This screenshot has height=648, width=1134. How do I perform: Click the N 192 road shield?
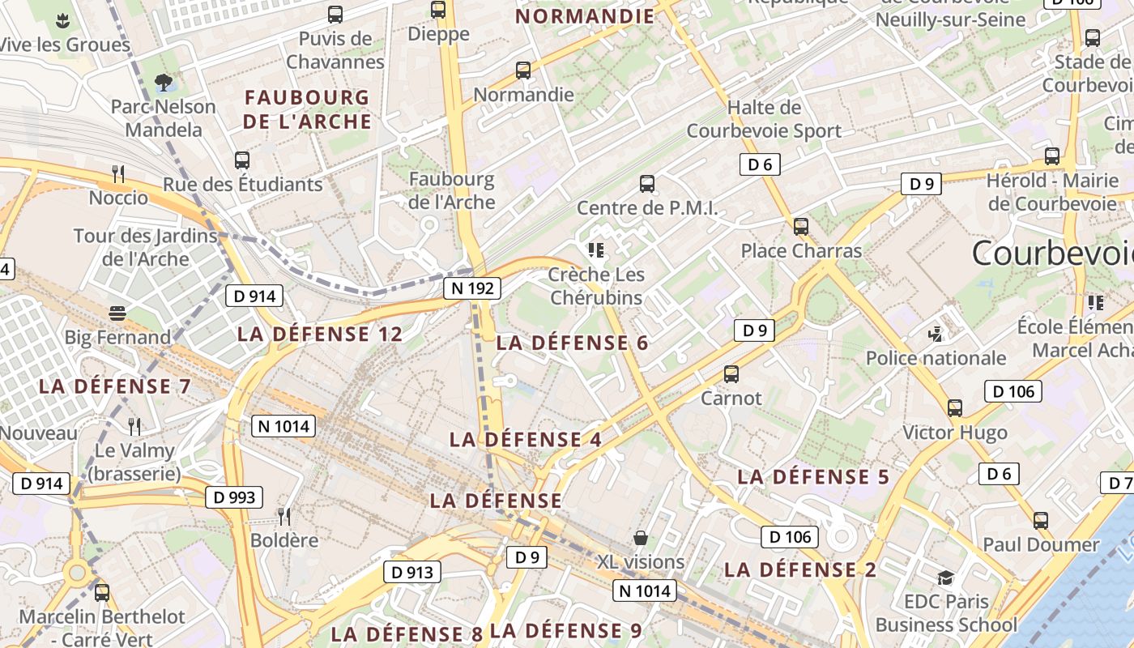[x=472, y=288]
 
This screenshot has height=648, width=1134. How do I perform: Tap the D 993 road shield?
[x=234, y=497]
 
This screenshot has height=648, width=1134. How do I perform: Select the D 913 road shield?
[x=413, y=572]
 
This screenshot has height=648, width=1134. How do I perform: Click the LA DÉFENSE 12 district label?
[x=320, y=335]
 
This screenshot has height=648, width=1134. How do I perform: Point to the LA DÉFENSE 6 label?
[x=572, y=343]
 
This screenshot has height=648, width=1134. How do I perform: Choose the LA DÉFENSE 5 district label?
[x=813, y=477]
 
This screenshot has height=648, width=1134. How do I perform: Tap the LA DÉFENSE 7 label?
[x=115, y=386]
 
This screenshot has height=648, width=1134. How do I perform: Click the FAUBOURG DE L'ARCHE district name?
[x=308, y=109]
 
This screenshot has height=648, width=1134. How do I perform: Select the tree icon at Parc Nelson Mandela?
[x=164, y=82]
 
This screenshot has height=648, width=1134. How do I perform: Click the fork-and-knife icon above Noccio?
[x=118, y=173]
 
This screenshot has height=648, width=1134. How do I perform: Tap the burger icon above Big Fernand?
[x=118, y=313]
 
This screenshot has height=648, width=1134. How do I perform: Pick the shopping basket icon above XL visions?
[x=641, y=538]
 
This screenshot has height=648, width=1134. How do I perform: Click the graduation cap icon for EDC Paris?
[x=946, y=578]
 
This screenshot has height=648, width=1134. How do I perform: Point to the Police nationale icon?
[x=936, y=334]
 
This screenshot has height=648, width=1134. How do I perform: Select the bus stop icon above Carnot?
[x=731, y=374]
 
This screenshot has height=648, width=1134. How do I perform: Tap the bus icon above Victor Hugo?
[x=955, y=408]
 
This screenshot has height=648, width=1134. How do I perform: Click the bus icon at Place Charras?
[x=801, y=227]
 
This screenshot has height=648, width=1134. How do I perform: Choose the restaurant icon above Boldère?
[x=283, y=516]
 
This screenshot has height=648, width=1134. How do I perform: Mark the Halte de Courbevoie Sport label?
[x=764, y=119]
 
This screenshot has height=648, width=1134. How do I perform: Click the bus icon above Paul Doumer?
[x=1041, y=520]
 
